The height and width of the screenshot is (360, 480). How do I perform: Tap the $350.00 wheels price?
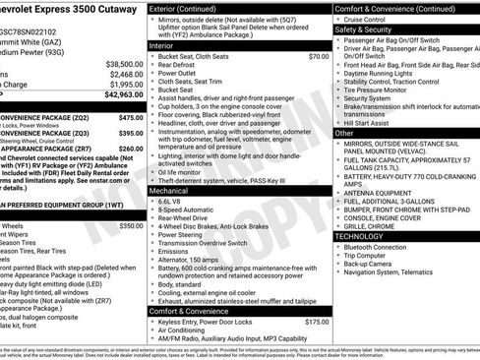[x=131, y=225]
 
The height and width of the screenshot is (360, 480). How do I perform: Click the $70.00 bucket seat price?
[x=318, y=57]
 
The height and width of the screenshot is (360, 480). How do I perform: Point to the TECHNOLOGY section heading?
[x=366, y=236]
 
